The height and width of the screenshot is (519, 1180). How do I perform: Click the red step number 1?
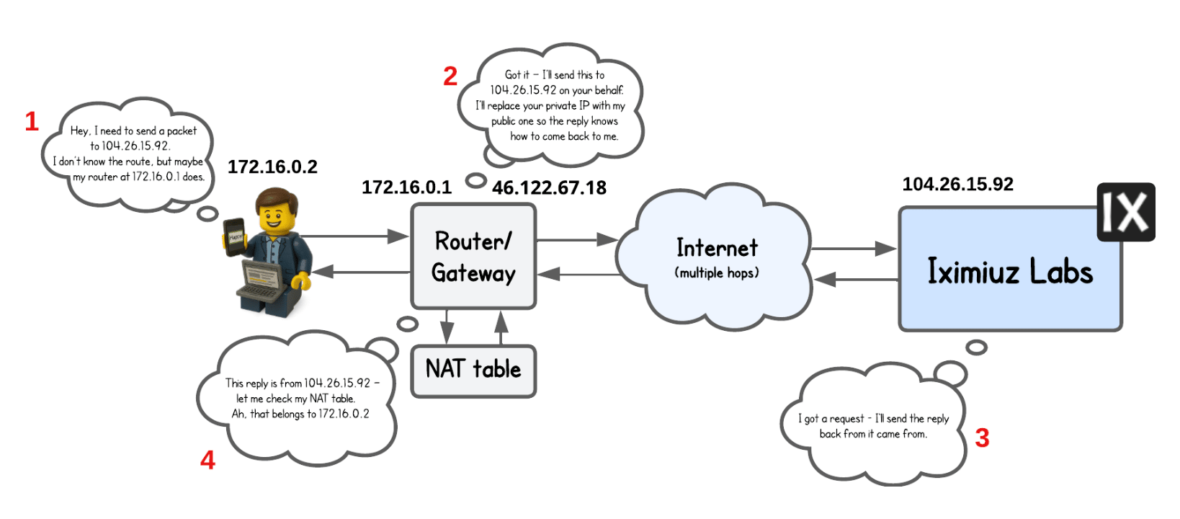coord(31,121)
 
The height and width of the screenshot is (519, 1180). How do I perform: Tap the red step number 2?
coord(450,76)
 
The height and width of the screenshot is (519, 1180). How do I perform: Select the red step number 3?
coord(982,438)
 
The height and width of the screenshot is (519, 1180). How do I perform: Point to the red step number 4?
coord(207,460)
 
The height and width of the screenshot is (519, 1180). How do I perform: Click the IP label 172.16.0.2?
coord(272,167)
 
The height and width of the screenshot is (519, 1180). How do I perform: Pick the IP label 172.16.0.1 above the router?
coord(406,187)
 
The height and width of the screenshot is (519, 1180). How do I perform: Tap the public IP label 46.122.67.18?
coord(549,188)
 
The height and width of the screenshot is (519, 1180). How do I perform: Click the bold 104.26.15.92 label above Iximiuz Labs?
coord(957,185)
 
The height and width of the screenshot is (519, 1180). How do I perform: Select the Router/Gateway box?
coord(473,257)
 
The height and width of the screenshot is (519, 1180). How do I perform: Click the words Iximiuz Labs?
coord(1009,272)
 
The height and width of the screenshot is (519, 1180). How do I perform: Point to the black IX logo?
coord(1125,212)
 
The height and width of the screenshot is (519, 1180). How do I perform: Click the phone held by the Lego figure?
coord(235,236)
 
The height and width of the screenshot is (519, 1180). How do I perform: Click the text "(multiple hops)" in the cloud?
coord(717,273)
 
